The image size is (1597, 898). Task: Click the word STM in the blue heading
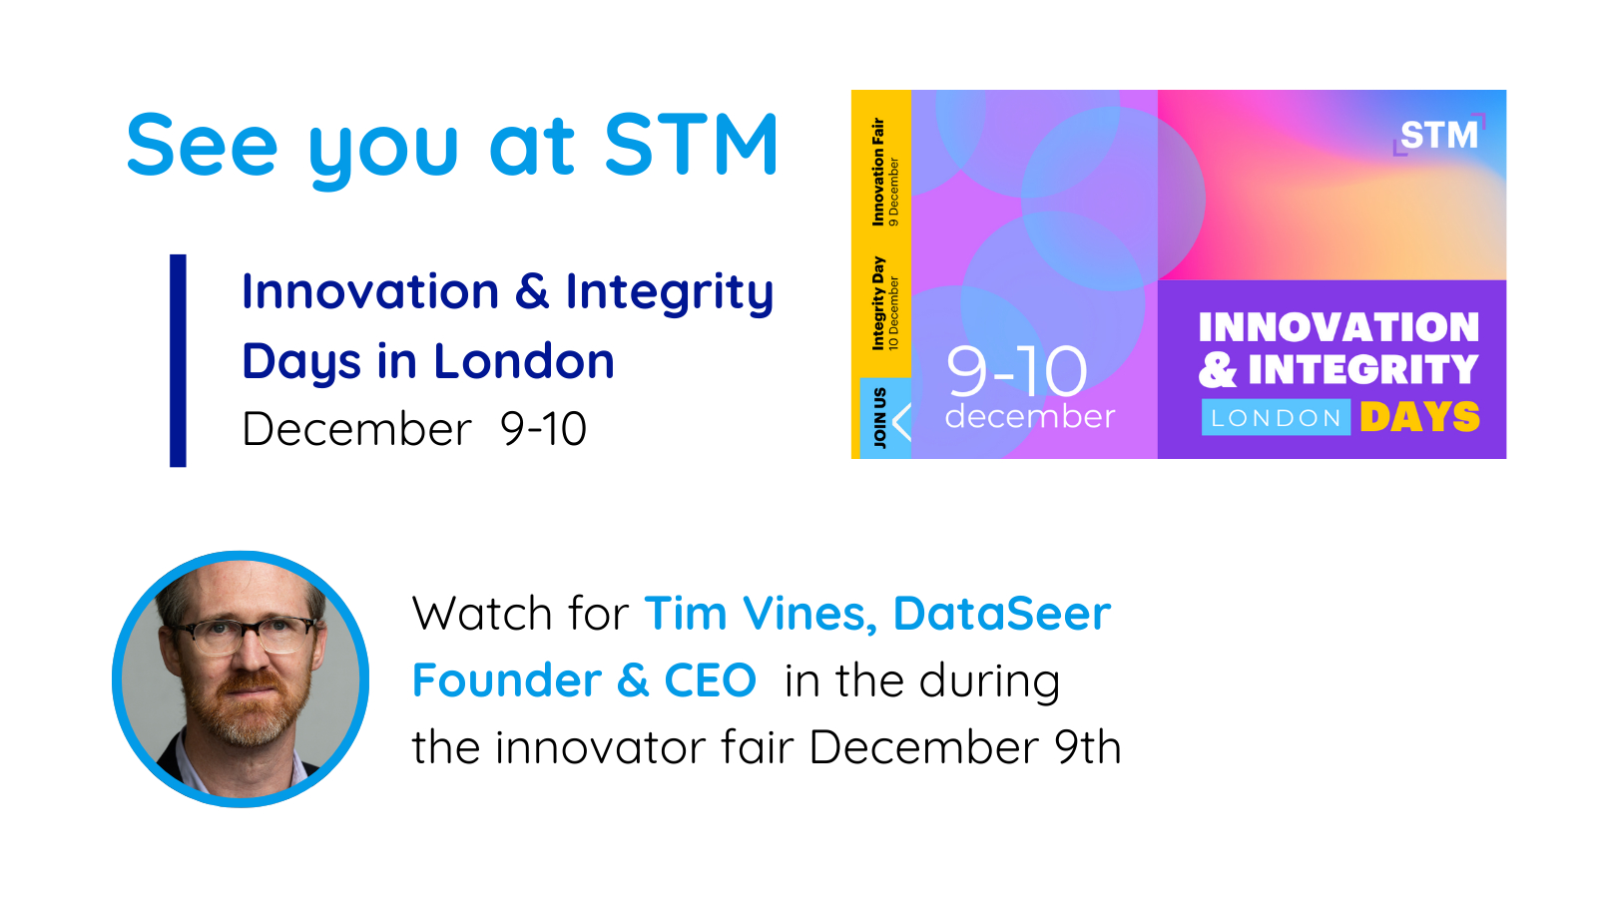point(690,144)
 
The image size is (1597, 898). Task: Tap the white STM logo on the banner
point(1439,135)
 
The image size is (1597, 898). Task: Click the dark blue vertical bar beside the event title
point(178,360)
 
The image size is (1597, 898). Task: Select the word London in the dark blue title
point(524,360)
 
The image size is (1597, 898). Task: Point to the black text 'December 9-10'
point(414,429)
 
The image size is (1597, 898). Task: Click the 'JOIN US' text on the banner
point(879,418)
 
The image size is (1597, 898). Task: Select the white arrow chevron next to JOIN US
point(902,421)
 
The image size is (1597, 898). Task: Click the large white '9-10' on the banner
point(1017,371)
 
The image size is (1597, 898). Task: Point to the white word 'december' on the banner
point(1030,416)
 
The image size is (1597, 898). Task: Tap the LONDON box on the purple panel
point(1277,417)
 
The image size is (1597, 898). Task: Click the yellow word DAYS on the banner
point(1420,417)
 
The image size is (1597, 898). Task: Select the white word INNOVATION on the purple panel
point(1338,327)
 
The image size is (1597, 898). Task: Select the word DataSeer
point(1002,613)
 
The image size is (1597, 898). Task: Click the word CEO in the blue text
point(710,679)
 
